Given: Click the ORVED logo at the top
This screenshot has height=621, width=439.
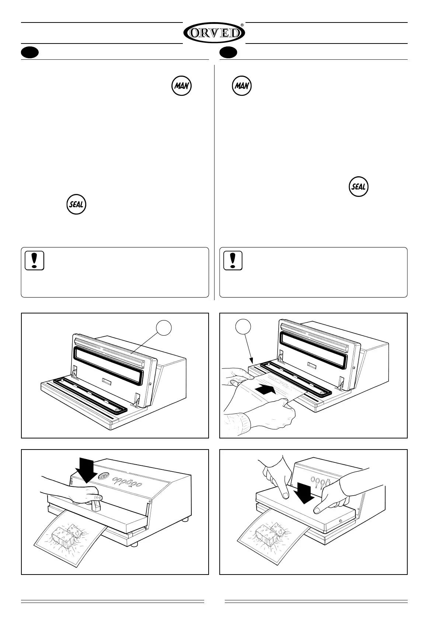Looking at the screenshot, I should pyautogui.click(x=214, y=33).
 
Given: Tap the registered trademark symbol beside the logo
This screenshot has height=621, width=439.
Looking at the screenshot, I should pyautogui.click(x=242, y=25).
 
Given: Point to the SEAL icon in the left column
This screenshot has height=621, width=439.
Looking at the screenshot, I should pyautogui.click(x=76, y=204).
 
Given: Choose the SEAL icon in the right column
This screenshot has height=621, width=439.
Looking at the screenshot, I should pyautogui.click(x=359, y=187).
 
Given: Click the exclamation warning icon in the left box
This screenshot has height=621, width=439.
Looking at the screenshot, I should pyautogui.click(x=35, y=260).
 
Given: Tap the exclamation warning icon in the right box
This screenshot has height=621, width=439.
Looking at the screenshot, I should pyautogui.click(x=233, y=260).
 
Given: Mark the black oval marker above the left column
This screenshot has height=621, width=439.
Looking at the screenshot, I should pyautogui.click(x=30, y=53).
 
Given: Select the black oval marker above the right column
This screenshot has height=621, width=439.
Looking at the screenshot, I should pyautogui.click(x=228, y=53).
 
